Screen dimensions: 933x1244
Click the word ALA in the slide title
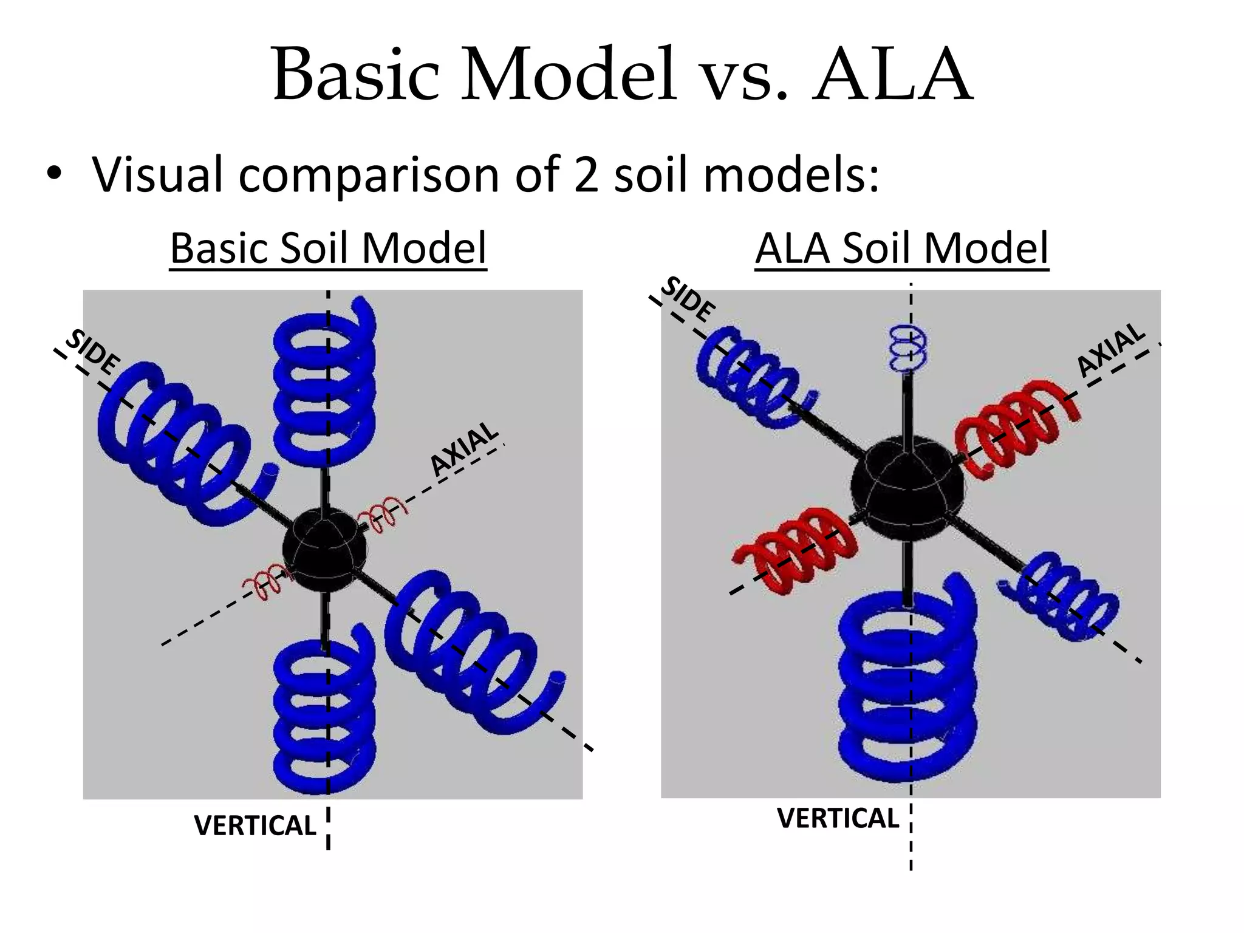[x=893, y=75]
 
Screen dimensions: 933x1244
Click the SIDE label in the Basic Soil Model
[x=92, y=352]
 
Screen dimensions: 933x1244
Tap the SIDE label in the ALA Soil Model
[x=687, y=299]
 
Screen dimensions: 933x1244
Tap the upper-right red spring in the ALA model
[x=1014, y=428]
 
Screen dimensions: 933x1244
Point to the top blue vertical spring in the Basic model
[x=324, y=383]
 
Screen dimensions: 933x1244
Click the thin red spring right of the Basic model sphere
[x=383, y=513]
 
